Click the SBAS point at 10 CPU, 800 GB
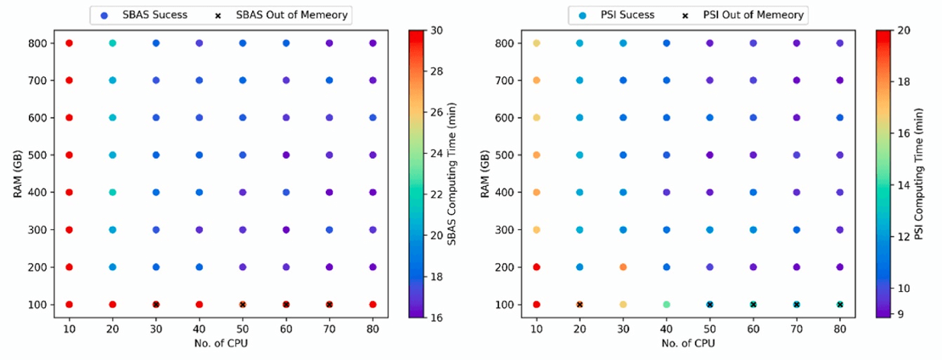point(70,42)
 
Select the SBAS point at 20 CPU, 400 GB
point(113,192)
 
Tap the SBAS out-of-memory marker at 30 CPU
point(156,304)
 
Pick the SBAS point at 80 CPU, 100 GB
point(373,304)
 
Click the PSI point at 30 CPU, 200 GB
point(623,267)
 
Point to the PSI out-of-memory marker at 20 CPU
point(580,304)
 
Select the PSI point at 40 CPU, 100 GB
point(666,304)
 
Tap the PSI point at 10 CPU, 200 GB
point(536,267)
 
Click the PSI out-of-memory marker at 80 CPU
point(839,304)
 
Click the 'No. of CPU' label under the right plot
point(687,343)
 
